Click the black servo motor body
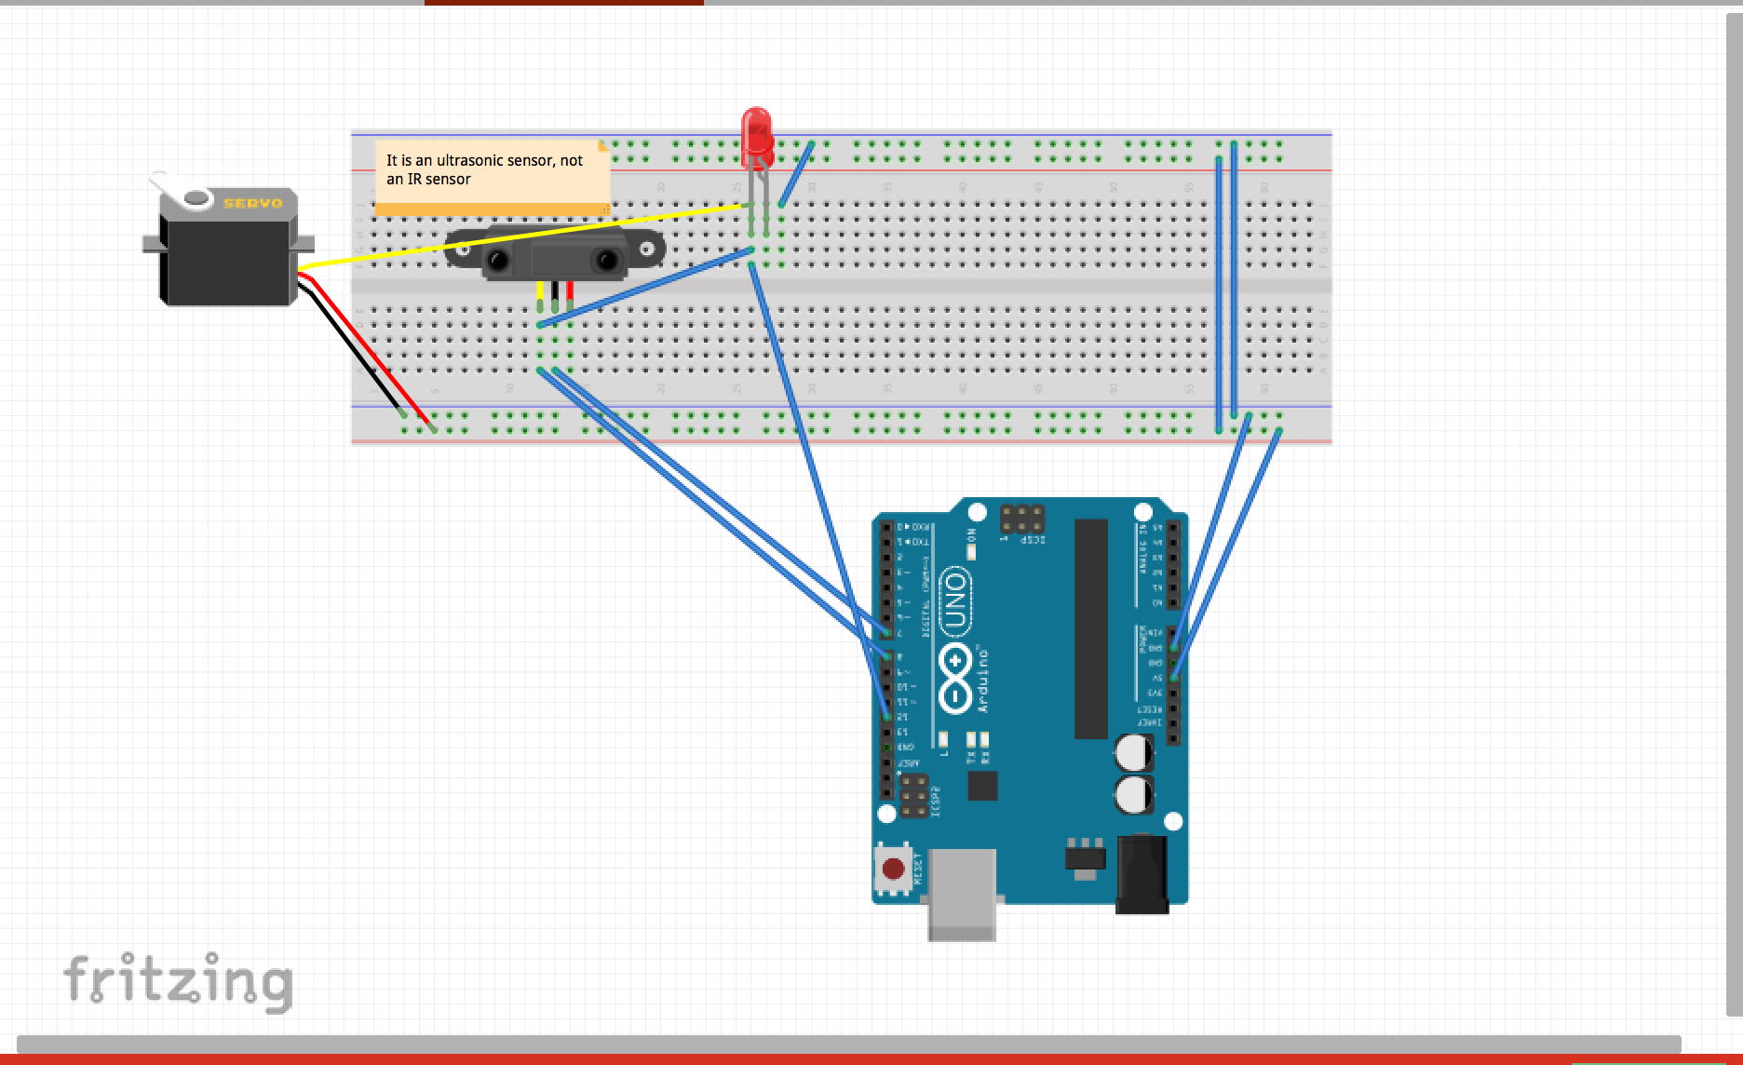point(228,256)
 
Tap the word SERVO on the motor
point(252,203)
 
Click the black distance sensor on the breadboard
point(554,253)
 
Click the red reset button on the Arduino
point(893,870)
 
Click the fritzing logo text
point(178,981)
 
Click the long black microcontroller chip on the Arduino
point(1091,628)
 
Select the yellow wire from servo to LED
point(521,237)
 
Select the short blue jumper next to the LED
point(796,174)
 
